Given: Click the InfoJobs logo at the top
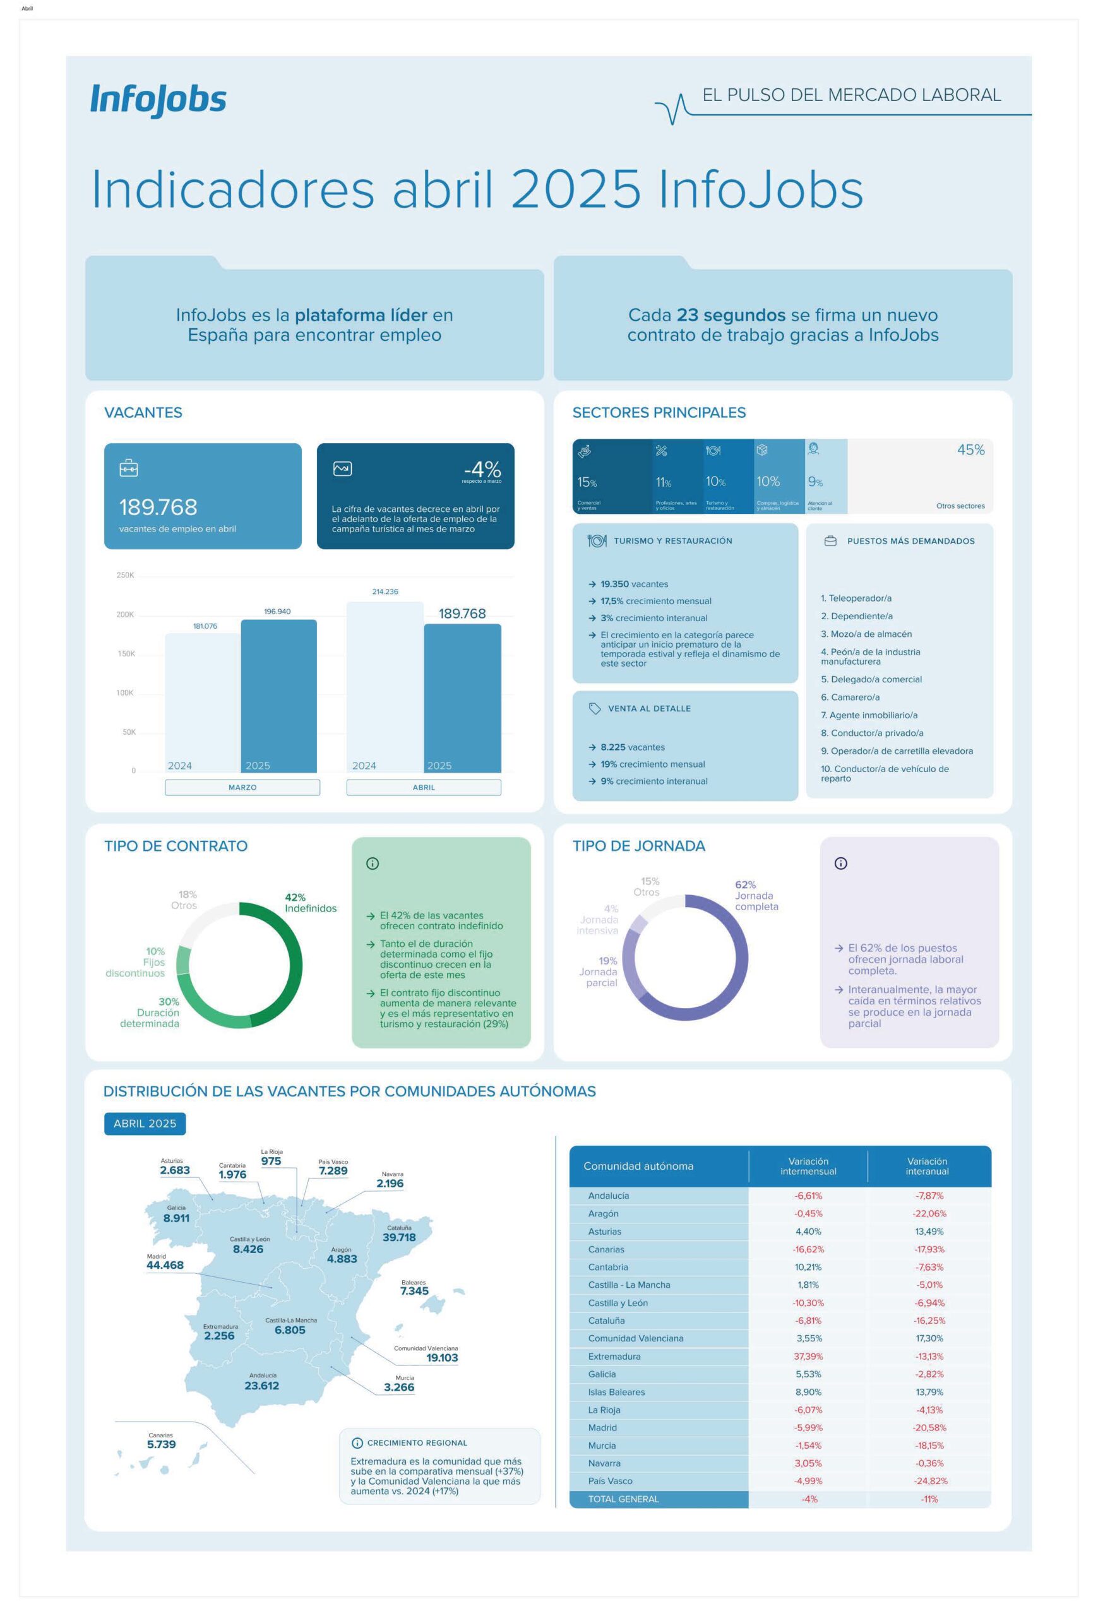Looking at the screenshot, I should (158, 100).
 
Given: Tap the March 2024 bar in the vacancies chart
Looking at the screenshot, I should (202, 703).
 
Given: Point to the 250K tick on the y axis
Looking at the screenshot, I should (125, 575).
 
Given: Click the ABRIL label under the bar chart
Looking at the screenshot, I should (424, 787).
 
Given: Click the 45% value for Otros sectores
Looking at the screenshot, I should (970, 450).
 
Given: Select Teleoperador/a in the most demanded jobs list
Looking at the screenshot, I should (856, 598).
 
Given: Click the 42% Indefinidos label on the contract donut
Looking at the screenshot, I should (310, 903).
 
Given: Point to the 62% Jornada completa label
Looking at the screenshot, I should (756, 895).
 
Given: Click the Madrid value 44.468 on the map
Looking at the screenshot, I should (165, 1265).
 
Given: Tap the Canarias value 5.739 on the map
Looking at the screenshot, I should (162, 1444).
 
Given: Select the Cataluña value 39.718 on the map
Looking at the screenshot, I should (399, 1237).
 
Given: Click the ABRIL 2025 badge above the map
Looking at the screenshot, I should (145, 1123).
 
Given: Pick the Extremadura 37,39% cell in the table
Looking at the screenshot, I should (808, 1356).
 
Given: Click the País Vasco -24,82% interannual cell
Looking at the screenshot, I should (929, 1480).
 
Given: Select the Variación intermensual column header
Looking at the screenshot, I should (808, 1166).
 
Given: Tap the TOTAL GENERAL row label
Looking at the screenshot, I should (623, 1499).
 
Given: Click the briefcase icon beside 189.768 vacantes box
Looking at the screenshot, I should (129, 468).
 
